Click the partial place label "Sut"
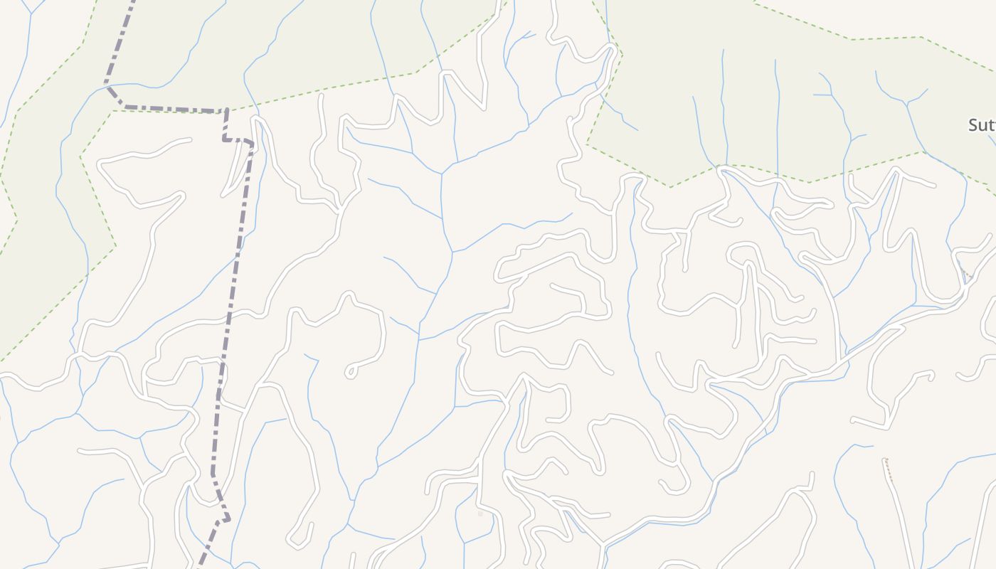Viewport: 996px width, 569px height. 981,126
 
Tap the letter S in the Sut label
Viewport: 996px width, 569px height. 973,126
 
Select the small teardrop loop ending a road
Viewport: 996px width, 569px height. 350,371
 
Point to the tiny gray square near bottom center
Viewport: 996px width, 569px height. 480,513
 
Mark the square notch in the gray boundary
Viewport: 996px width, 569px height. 238,139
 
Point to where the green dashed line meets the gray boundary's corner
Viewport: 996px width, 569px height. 226,110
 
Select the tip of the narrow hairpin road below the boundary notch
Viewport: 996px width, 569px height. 226,193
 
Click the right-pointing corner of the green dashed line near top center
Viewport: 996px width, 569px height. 622,54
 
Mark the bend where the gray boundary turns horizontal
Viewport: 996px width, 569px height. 124,107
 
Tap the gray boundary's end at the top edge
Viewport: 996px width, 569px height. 133,2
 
